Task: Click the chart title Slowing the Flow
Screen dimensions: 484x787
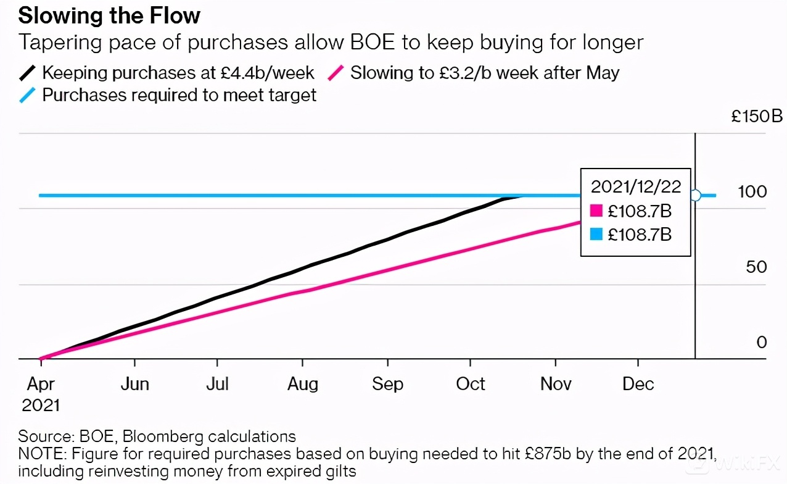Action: tap(109, 15)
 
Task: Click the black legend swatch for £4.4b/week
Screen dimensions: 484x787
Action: tap(28, 73)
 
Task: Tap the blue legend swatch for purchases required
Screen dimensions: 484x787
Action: tap(28, 95)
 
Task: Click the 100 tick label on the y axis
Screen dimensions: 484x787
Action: tap(752, 191)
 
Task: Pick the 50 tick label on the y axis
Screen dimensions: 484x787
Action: tap(756, 267)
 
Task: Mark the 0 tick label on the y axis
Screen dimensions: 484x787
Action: tap(761, 343)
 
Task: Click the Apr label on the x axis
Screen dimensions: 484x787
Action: tap(41, 384)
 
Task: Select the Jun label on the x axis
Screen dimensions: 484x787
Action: tap(134, 384)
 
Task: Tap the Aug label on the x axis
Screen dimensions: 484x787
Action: tap(303, 384)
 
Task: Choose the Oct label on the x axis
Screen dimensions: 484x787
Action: tap(471, 384)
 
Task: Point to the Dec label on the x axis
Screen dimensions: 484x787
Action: tap(638, 384)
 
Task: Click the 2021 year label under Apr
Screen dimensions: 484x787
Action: tap(41, 405)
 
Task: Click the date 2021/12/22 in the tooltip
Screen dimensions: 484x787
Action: tap(635, 187)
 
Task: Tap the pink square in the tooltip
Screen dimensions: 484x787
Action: tap(596, 211)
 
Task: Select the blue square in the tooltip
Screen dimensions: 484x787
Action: tap(596, 235)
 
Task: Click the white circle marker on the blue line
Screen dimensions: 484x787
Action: tap(695, 195)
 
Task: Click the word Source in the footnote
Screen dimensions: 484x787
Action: tap(45, 436)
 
